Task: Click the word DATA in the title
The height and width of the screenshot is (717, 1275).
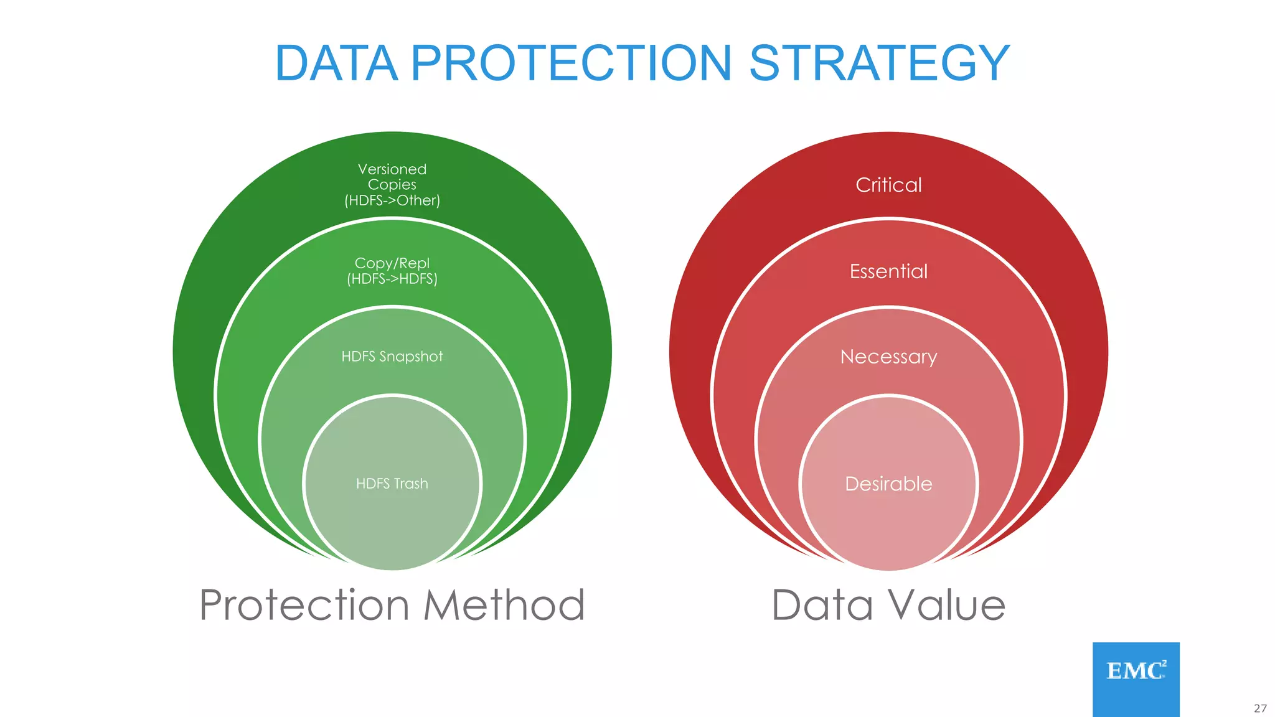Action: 336,63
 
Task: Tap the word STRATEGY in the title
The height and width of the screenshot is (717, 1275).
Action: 879,63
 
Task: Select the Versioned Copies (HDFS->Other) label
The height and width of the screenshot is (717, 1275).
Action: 392,185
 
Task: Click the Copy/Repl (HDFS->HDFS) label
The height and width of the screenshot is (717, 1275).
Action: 392,271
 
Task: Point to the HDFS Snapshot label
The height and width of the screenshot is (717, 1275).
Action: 392,357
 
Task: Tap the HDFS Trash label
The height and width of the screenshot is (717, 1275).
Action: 392,484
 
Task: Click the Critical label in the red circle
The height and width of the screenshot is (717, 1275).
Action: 888,185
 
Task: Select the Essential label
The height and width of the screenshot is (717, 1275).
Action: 888,271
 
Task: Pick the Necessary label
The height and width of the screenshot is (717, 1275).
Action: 888,357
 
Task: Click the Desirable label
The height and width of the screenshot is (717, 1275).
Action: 888,484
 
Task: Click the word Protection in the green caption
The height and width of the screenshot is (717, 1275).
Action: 304,605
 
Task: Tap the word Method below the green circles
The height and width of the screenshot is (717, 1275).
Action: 504,605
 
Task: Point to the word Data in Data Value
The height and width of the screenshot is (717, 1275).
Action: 822,605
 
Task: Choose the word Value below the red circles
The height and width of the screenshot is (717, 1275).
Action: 946,605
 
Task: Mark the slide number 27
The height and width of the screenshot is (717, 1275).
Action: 1260,708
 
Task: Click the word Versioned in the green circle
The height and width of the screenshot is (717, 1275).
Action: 392,169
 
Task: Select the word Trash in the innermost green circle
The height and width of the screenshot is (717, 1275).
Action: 411,484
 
